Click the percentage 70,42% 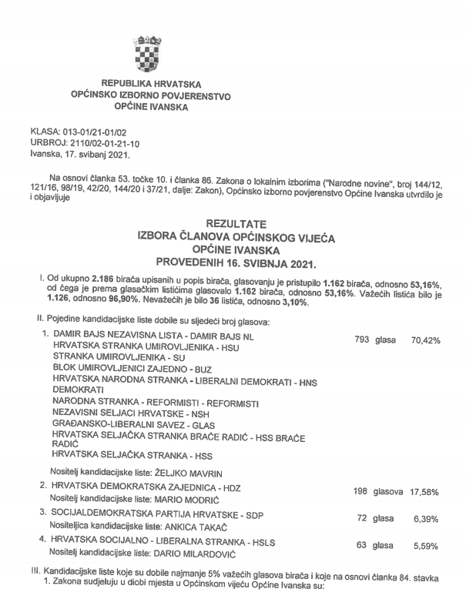point(425,339)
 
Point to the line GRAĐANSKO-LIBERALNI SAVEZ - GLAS point(135,425)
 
